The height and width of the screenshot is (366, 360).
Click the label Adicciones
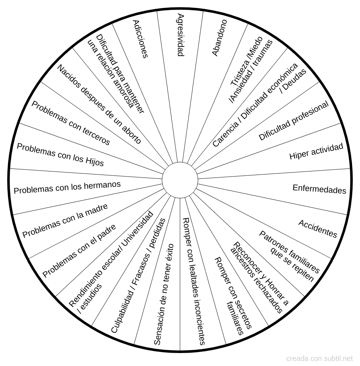(140, 39)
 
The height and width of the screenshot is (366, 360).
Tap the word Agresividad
(181, 35)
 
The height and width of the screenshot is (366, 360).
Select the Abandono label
(219, 37)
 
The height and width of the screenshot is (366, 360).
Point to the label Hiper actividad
(316, 152)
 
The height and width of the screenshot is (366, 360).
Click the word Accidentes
(318, 229)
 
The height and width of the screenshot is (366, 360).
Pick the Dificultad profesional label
(293, 121)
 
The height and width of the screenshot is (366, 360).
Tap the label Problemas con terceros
(71, 123)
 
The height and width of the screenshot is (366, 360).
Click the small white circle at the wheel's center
(180, 180)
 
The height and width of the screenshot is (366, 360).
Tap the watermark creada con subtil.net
(320, 358)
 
